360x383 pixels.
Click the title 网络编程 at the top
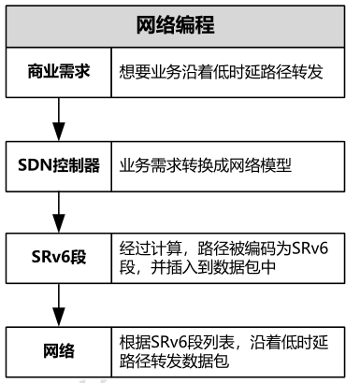180,25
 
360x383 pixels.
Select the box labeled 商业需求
59,71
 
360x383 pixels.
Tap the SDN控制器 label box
59,164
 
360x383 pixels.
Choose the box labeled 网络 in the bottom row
59,350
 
